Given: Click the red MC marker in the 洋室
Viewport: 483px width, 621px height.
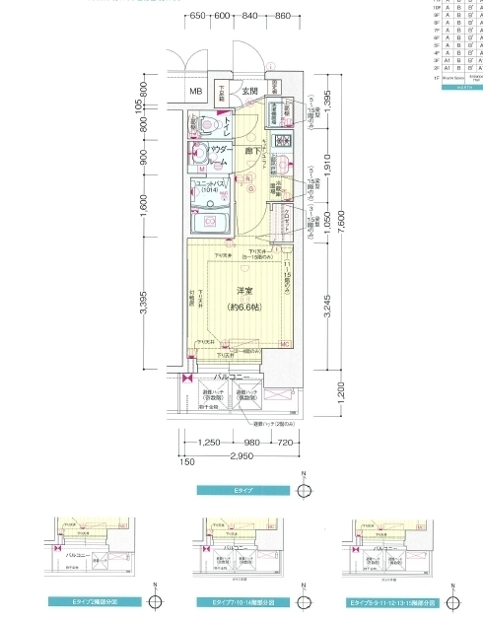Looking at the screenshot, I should (283, 343).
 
